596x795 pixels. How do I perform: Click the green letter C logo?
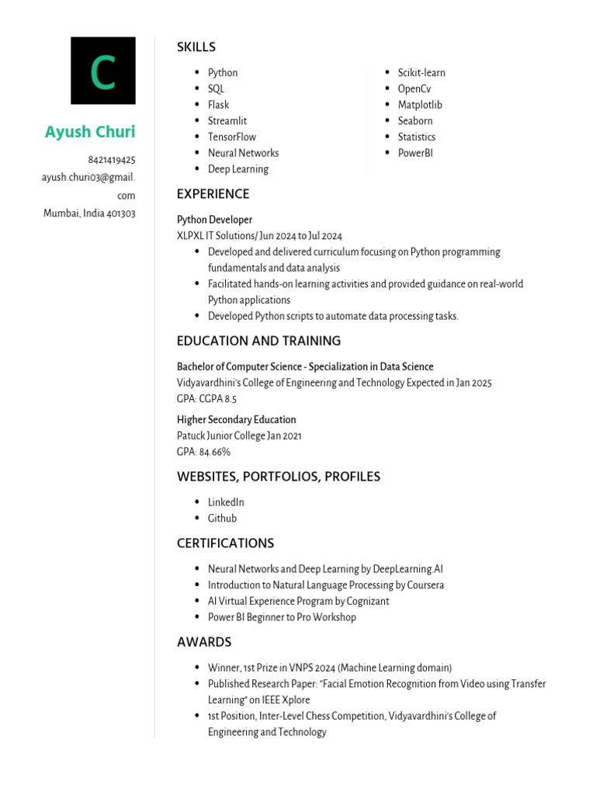pos(102,71)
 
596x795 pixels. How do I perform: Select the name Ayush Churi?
pos(90,132)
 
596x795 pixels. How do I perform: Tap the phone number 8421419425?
pos(112,160)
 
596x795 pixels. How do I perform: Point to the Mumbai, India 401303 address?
pos(89,214)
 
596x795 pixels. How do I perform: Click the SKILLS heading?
pos(196,47)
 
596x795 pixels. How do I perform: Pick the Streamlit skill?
pos(227,121)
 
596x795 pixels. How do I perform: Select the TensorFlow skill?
pos(232,137)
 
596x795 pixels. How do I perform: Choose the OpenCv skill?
pos(414,89)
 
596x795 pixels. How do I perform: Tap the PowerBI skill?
pos(415,153)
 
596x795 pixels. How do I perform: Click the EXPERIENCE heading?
pos(213,194)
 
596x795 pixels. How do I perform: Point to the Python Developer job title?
pos(215,220)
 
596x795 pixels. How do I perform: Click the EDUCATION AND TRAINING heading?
pos(258,341)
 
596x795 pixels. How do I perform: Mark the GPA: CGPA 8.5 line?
pos(206,399)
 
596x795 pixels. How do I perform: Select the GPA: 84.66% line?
pos(203,452)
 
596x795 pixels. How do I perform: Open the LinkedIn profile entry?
pos(226,502)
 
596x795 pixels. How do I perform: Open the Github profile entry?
pos(223,519)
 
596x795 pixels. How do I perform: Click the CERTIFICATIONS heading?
pos(225,543)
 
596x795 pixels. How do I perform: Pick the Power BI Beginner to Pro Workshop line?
pos(282,617)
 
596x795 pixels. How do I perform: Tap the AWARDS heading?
pos(204,642)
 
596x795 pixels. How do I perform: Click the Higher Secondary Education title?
pos(237,420)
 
